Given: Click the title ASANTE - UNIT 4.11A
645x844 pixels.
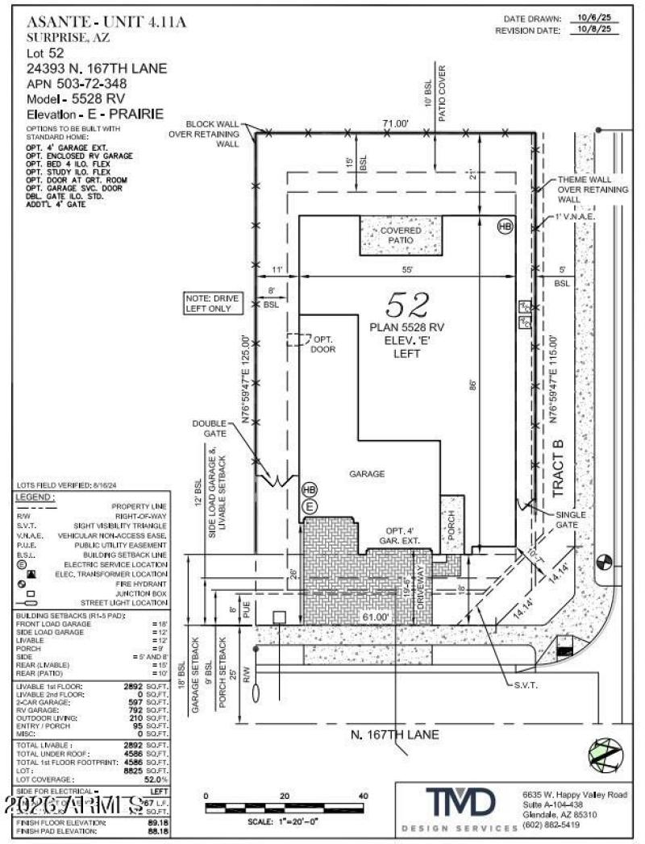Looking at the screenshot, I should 106,22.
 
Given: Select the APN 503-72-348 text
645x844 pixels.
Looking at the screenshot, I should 83,83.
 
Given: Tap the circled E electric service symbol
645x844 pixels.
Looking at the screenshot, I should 309,506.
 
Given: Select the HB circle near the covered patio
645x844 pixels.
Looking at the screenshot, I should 505,227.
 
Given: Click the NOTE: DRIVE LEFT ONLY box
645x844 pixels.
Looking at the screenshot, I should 213,303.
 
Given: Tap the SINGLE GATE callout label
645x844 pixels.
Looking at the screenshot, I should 573,519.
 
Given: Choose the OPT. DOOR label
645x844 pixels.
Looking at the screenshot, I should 322,344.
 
